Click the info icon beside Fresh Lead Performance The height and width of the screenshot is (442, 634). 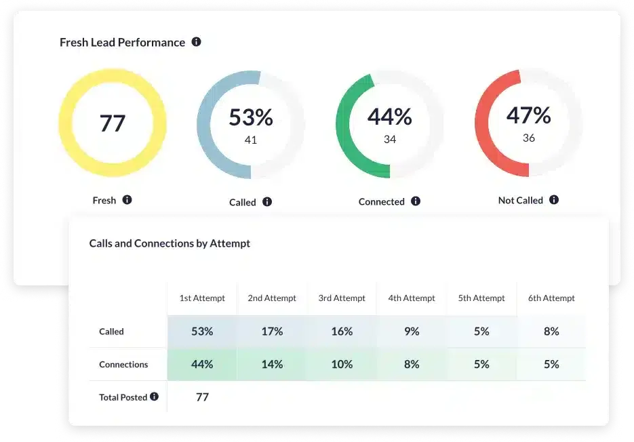[197, 42]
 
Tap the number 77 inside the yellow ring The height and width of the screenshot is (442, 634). [113, 123]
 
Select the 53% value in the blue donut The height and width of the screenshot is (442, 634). [251, 117]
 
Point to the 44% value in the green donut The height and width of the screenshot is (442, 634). [390, 117]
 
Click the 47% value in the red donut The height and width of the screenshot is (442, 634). [529, 115]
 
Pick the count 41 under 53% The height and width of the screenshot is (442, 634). [251, 140]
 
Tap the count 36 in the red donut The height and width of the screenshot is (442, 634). [529, 138]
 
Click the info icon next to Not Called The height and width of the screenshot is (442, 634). [554, 200]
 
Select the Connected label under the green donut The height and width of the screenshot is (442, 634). [381, 202]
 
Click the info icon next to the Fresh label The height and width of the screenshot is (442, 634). [127, 200]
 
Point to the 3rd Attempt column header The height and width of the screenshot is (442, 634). [342, 298]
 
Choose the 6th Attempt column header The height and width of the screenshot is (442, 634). [551, 298]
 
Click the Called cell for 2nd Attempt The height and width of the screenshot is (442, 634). [272, 331]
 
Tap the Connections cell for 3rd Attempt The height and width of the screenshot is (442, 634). [342, 364]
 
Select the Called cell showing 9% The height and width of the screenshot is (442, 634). [412, 331]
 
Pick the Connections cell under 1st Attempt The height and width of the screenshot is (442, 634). [202, 364]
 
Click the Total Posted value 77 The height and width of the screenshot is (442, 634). [202, 397]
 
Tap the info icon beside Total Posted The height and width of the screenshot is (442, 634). [155, 397]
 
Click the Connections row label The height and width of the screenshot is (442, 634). [123, 365]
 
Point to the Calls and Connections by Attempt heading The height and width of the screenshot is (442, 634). [170, 243]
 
